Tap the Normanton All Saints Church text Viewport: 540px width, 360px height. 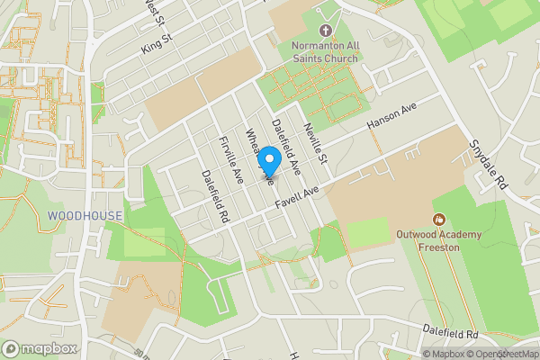323,52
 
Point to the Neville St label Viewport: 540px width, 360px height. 315,139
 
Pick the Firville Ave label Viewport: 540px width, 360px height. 232,160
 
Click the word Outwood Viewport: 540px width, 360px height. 418,235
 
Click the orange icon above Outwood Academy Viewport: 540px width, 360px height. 440,219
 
